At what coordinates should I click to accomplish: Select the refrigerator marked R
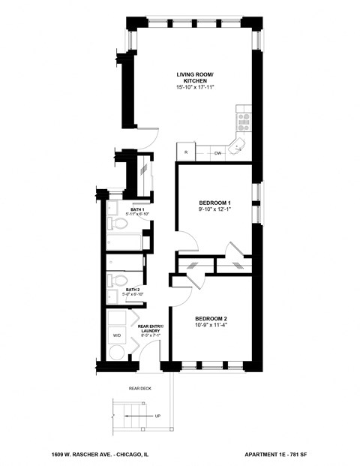click(185, 152)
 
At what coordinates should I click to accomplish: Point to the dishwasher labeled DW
click(217, 153)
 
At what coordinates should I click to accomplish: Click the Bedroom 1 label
click(214, 203)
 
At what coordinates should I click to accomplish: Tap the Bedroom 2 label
click(211, 318)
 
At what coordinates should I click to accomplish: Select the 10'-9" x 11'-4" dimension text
click(211, 326)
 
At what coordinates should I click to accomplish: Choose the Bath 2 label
click(132, 289)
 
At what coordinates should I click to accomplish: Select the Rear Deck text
click(140, 388)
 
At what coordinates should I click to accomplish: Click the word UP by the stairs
click(156, 415)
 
